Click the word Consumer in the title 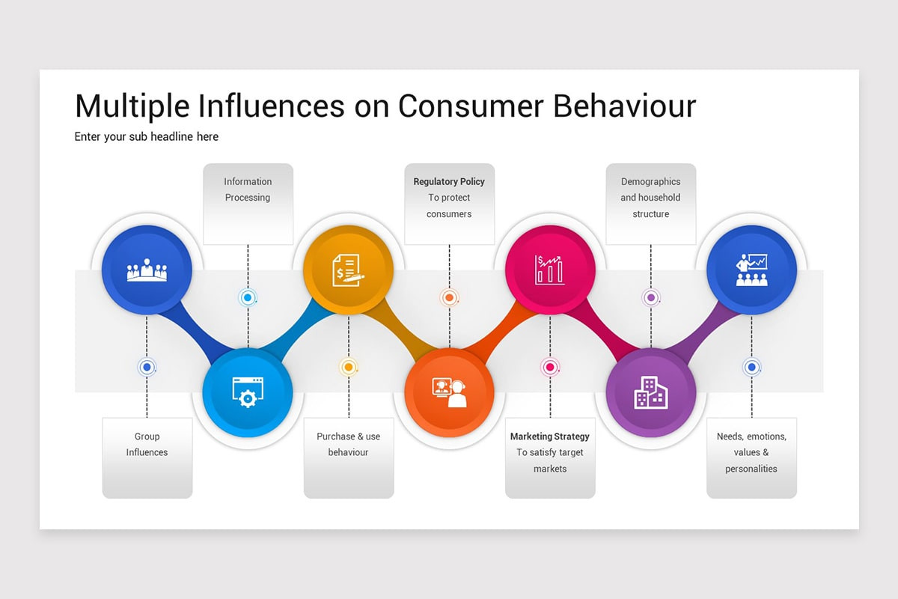click(x=470, y=106)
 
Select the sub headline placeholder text click(x=147, y=136)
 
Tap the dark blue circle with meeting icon click(x=147, y=270)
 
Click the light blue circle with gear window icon click(x=247, y=392)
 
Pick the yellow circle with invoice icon click(x=348, y=270)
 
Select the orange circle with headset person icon click(x=449, y=392)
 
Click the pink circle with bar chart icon click(x=550, y=270)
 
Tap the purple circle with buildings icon click(x=650, y=392)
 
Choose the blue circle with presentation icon click(x=751, y=270)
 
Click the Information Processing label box click(x=248, y=203)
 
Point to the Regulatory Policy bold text click(x=449, y=181)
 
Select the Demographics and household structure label click(x=650, y=198)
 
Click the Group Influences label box click(x=147, y=457)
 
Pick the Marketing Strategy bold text click(x=550, y=437)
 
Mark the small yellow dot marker click(x=348, y=367)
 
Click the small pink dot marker click(x=550, y=367)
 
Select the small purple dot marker click(x=650, y=298)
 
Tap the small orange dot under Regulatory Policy click(x=449, y=298)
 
